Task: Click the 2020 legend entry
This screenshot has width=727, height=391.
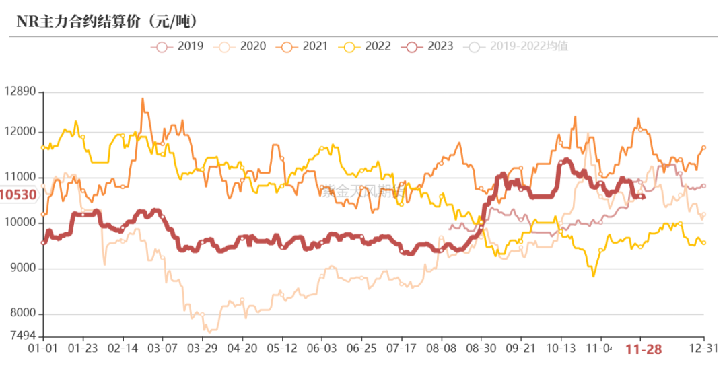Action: coord(242,46)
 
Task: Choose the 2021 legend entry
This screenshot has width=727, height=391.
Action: coord(305,46)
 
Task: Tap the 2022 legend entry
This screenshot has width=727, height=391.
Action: coord(368,46)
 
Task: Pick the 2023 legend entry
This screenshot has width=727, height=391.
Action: coord(430,46)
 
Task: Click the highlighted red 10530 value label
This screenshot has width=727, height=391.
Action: coord(18,195)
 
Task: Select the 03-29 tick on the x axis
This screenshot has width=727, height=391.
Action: coord(202,349)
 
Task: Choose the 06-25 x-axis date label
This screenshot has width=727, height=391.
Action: coord(361,349)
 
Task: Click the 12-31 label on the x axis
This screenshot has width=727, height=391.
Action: coord(704,349)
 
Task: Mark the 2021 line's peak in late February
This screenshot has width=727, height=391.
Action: coord(142,99)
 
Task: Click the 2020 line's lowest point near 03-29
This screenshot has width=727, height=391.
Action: coord(209,332)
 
